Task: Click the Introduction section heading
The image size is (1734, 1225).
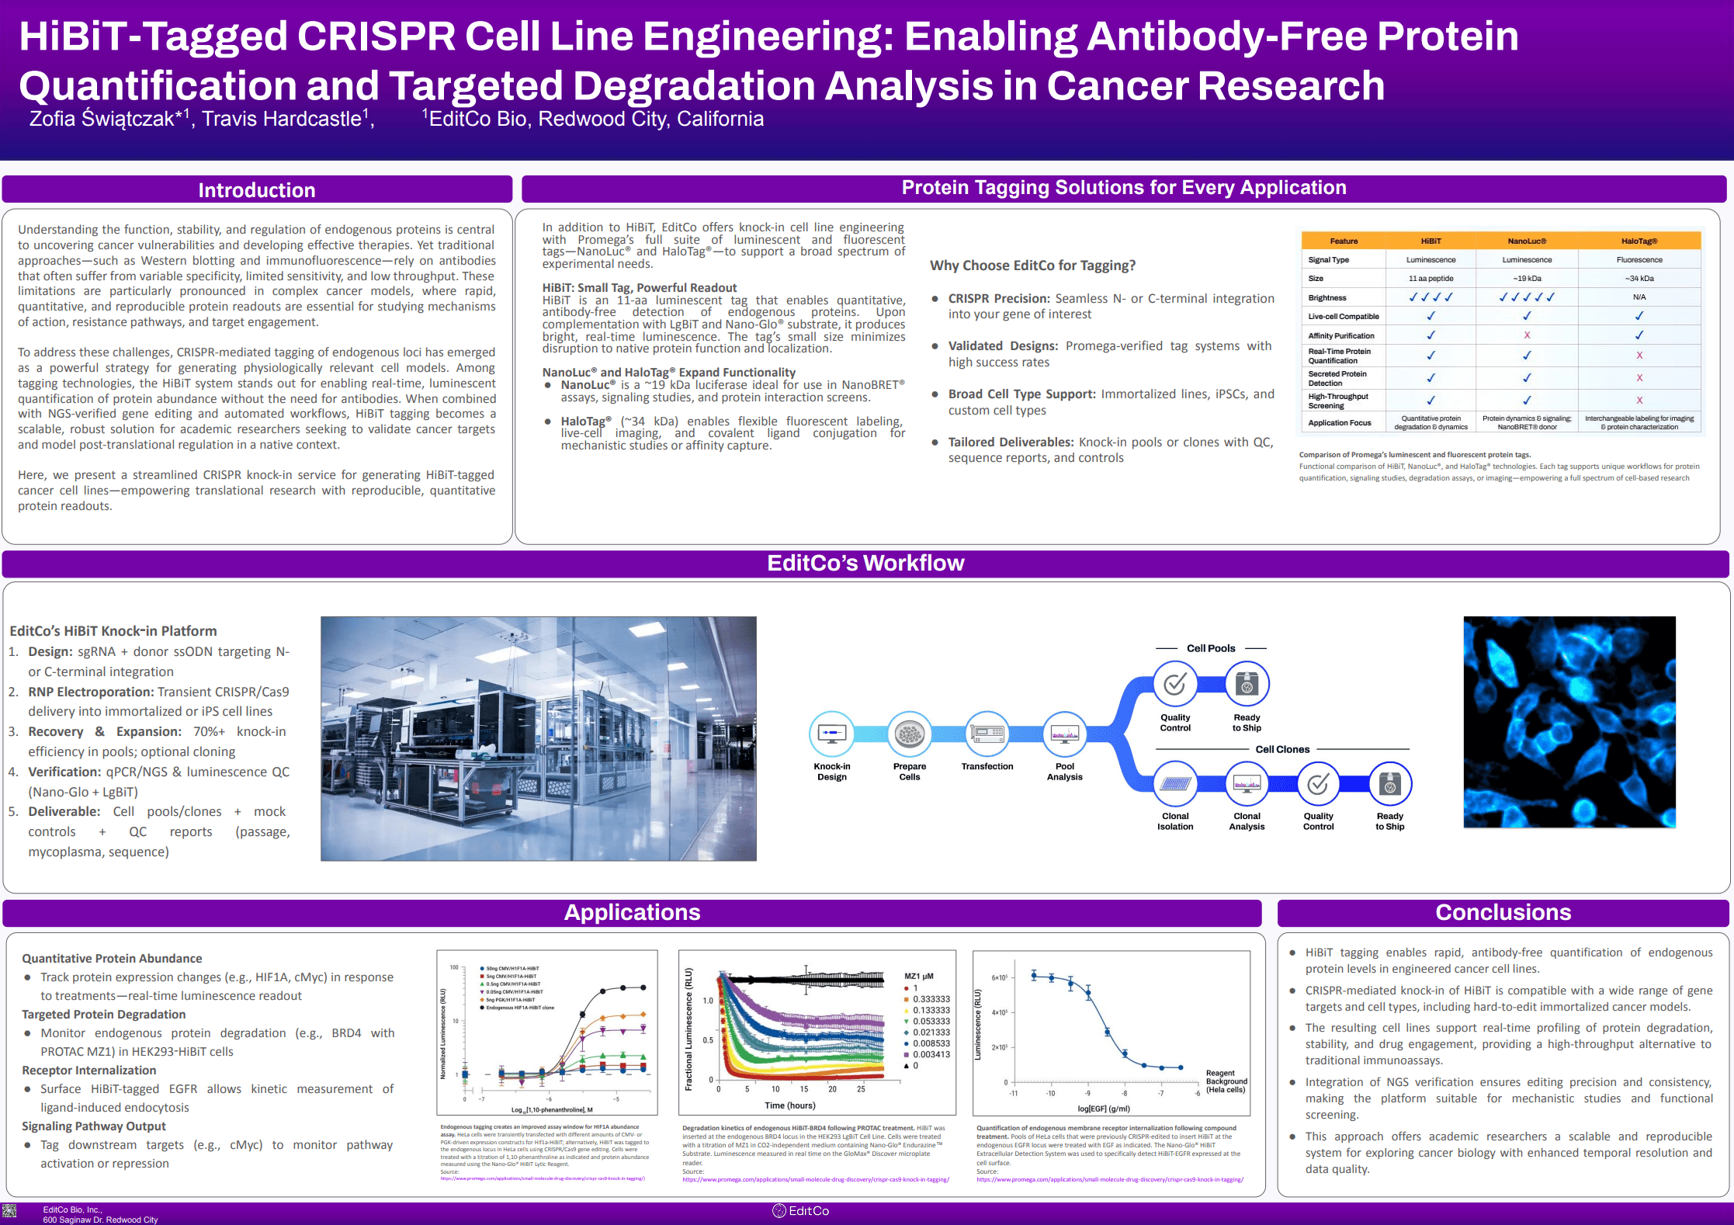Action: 256,190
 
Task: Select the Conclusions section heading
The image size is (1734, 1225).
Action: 1503,912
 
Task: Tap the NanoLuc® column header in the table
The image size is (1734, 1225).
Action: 1527,241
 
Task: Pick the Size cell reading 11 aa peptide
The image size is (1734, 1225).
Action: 1431,279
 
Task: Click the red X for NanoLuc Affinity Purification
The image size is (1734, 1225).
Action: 1527,335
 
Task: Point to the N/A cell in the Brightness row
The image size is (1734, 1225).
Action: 1639,297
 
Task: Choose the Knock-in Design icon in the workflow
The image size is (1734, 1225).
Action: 832,733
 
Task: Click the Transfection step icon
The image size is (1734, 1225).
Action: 987,733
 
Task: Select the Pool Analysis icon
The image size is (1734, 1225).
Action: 1064,733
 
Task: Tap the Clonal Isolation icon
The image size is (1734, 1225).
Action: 1175,784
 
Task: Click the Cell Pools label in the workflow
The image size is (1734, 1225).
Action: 1211,648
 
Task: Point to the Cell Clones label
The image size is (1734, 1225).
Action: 1282,749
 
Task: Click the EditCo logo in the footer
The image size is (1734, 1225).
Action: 801,1211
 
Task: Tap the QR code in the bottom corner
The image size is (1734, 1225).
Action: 9,1210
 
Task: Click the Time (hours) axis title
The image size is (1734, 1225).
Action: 790,1105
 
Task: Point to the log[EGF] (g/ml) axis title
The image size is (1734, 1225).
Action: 1104,1109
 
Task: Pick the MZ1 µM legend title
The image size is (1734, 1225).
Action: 919,976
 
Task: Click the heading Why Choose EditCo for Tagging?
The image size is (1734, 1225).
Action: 1032,265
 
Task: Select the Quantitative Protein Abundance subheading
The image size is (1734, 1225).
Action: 112,959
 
